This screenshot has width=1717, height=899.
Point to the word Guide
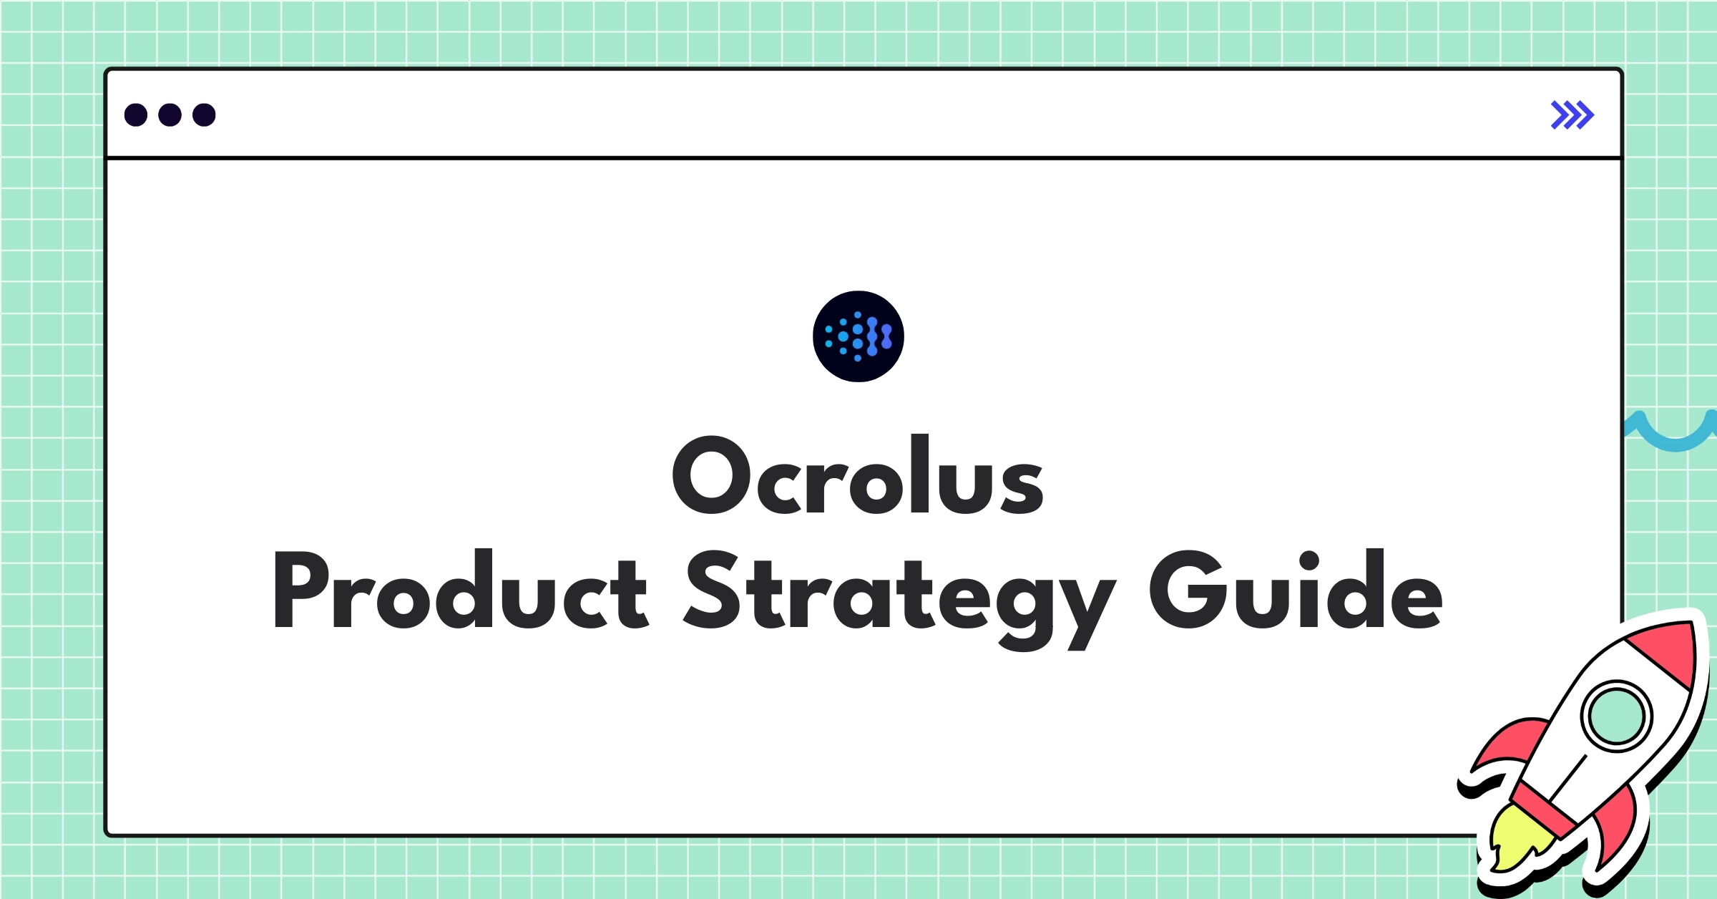click(x=1295, y=591)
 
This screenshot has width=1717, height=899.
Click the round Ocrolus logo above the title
click(x=858, y=336)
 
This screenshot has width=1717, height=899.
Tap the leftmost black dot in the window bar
click(x=136, y=115)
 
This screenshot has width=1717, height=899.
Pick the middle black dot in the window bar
click(x=170, y=115)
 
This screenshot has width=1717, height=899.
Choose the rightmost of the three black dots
click(x=204, y=115)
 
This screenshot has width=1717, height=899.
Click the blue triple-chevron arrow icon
click(x=1572, y=115)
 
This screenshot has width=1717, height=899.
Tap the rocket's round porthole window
click(x=1616, y=716)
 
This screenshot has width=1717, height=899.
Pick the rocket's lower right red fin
click(x=1618, y=830)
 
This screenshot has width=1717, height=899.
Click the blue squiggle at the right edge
click(x=1670, y=434)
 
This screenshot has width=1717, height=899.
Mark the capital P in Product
click(x=300, y=591)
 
